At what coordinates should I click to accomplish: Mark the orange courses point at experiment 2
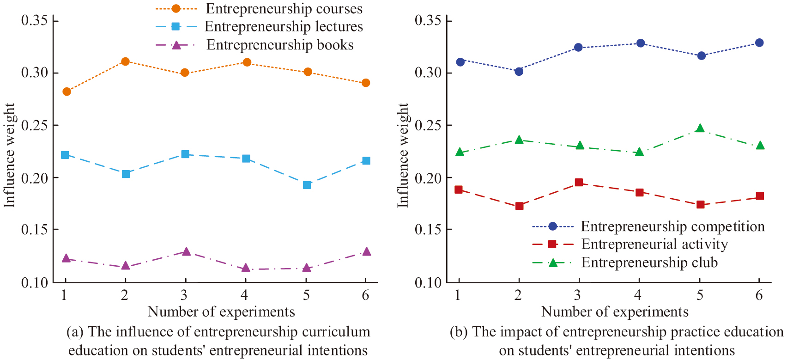(125, 61)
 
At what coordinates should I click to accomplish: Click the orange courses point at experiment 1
(67, 92)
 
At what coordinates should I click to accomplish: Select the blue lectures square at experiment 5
(307, 185)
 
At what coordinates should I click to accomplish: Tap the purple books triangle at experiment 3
(186, 251)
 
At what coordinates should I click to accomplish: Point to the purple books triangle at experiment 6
(366, 251)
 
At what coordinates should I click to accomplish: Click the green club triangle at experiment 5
(700, 128)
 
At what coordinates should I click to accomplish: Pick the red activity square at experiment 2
(519, 206)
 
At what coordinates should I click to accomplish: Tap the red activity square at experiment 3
(579, 183)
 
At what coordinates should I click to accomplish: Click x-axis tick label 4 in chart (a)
(244, 295)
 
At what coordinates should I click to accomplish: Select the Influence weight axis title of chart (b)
(403, 155)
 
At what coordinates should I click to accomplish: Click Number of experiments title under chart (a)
(221, 312)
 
